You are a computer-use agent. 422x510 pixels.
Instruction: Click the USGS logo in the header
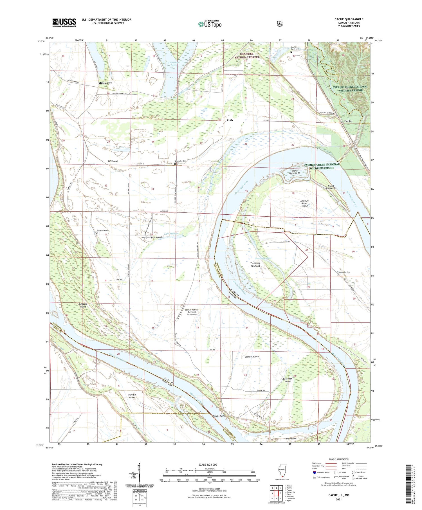click(x=64, y=23)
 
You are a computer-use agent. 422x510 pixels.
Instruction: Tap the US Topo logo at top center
click(x=210, y=24)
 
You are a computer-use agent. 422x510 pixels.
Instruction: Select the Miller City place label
click(x=105, y=83)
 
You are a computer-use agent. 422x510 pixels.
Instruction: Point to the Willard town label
click(x=113, y=161)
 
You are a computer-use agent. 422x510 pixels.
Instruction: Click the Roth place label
click(x=230, y=120)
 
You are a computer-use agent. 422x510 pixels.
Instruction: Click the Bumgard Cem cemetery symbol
click(x=97, y=233)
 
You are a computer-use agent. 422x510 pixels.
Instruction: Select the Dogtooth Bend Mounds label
click(x=152, y=237)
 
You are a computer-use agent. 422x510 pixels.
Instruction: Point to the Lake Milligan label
click(x=172, y=234)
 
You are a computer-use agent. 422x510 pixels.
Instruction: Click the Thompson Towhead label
click(x=255, y=264)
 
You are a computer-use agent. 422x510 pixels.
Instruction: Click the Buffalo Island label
click(x=132, y=396)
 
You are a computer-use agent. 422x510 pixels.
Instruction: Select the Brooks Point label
click(x=219, y=416)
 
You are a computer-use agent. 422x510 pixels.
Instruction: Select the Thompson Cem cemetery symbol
click(x=338, y=275)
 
